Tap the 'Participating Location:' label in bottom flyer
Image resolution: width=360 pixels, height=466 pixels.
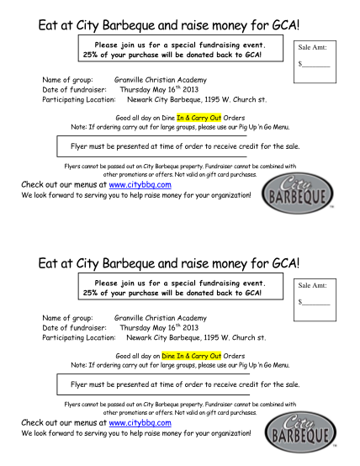pos(78,337)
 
